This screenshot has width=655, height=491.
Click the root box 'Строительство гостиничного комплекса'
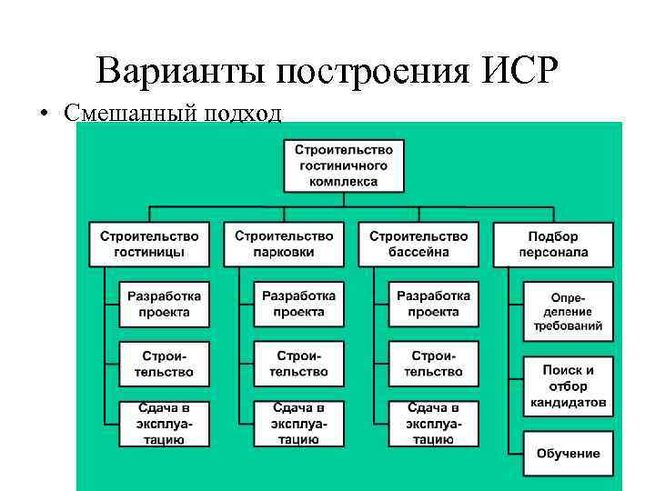[x=344, y=165]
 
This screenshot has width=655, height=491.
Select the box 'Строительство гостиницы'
[x=149, y=244]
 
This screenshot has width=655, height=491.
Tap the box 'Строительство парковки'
[x=284, y=244]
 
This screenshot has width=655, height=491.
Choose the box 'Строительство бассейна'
[x=418, y=244]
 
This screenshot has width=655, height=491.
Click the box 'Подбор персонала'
[x=553, y=244]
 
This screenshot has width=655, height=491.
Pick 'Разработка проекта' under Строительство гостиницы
[x=165, y=305]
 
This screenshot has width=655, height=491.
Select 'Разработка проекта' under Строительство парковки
[x=299, y=305]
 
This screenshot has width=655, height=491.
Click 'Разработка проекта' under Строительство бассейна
[x=433, y=305]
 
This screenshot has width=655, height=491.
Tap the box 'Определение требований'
[x=568, y=311]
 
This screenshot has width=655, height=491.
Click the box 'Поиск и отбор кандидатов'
[x=568, y=386]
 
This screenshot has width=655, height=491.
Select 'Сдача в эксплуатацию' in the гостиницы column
[x=165, y=423]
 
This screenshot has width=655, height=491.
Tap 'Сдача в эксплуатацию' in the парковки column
[x=299, y=423]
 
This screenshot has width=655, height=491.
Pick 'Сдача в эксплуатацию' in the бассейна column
[x=433, y=423]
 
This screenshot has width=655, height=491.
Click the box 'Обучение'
[x=568, y=454]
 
